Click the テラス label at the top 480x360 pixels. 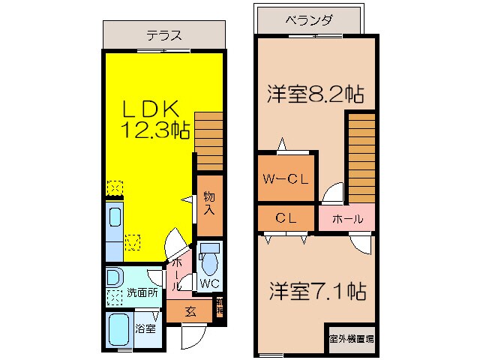coord(163,35)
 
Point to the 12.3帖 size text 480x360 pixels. coord(156,130)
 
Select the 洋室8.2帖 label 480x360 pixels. coord(316,95)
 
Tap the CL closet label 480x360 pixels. coord(284,219)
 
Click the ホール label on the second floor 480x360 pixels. coord(347,219)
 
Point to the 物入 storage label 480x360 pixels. coord(209,203)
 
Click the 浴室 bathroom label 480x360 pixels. coord(145,328)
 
